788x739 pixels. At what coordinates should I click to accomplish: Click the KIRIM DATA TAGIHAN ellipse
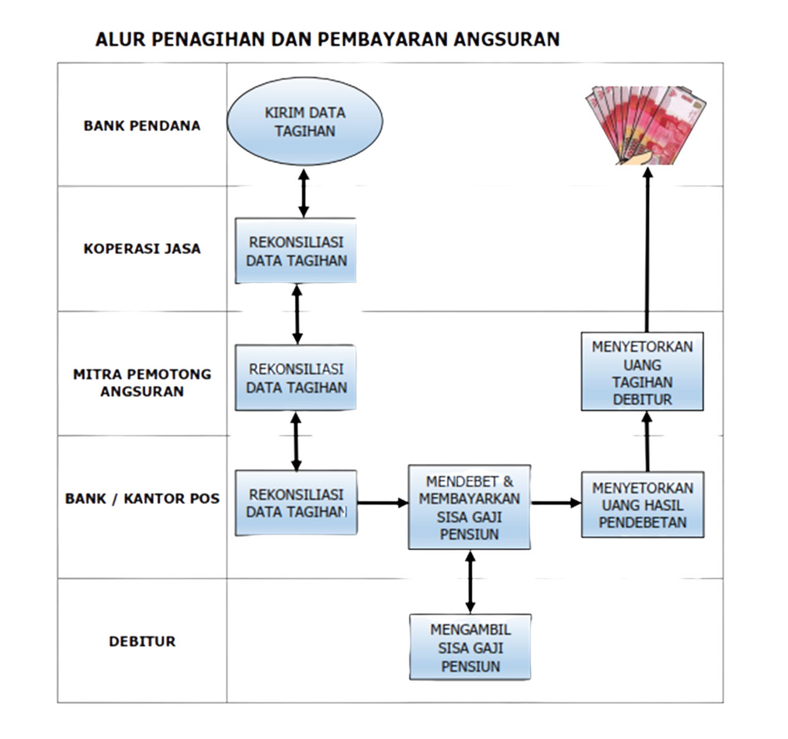coord(304,122)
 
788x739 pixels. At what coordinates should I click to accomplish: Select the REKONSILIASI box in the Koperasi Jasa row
coord(296,250)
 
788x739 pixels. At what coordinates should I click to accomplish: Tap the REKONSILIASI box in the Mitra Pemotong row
coord(296,377)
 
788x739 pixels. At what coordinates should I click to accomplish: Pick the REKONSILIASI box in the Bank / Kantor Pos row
coord(296,503)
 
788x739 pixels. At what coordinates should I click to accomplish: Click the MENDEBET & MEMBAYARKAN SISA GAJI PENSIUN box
coord(469,507)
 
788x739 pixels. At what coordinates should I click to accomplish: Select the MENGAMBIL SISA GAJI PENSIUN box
coord(470,647)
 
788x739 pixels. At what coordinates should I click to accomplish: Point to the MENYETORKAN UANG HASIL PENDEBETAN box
coord(642,505)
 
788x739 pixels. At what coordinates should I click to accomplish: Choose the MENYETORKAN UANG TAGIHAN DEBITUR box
coord(642,372)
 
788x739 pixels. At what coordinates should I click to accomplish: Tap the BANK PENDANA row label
coord(142,125)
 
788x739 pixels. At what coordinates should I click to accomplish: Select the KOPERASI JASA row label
coord(142,248)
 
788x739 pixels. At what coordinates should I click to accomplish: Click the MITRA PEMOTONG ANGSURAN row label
coord(142,382)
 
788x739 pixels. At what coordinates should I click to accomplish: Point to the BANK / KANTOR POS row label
coord(142,498)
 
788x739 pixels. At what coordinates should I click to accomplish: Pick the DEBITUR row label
coord(142,640)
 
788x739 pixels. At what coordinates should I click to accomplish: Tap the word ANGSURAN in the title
coord(507,39)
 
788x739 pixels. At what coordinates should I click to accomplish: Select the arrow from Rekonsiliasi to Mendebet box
coord(382,503)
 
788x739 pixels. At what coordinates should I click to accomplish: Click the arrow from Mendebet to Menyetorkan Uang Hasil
coord(556,502)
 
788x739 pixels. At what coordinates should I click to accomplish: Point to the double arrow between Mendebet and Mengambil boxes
coord(470,581)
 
